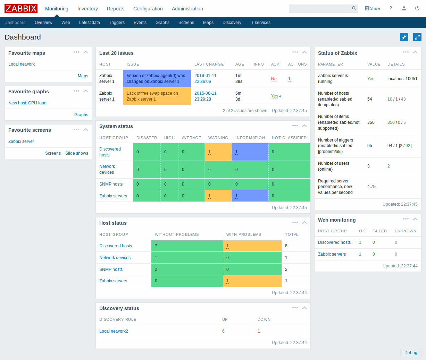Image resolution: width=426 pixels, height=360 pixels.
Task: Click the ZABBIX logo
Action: point(21,8)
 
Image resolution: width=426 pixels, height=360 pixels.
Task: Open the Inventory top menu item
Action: point(87,9)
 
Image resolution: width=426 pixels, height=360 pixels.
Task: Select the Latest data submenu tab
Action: point(89,23)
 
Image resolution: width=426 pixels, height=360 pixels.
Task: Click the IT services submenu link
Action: point(260,23)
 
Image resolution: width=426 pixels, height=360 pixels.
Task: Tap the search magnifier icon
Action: point(354,8)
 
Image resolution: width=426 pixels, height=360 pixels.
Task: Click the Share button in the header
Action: point(373,8)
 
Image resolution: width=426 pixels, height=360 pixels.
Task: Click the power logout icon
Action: point(417,8)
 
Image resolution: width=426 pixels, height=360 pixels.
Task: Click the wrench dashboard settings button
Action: point(404,37)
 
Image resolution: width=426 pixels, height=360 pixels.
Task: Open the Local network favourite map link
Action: point(22,64)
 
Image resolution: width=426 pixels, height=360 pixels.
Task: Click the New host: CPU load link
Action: point(27,103)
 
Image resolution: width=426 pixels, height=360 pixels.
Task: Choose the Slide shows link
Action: point(77,153)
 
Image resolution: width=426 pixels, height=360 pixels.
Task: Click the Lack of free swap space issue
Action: point(152,96)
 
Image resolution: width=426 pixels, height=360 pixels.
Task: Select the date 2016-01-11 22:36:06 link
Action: point(205,78)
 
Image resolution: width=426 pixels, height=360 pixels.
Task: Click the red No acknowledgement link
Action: point(274,79)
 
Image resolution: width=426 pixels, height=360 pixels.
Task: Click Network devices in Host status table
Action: point(115,258)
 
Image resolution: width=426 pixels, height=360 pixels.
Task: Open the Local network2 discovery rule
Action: point(114,331)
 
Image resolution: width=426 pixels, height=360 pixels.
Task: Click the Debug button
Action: point(411,353)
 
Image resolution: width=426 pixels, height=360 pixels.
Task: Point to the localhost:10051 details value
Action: point(402,79)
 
